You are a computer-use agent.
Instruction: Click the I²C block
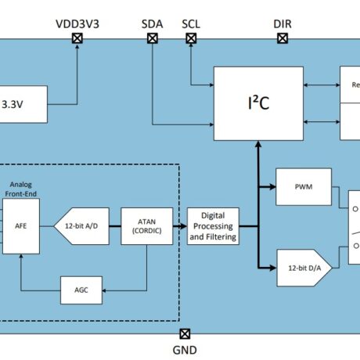coord(258,103)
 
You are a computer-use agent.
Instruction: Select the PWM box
coord(303,188)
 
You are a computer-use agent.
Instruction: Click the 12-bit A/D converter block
coord(80,226)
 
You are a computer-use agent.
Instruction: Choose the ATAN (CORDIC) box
coord(146,226)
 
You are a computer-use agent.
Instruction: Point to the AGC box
coord(81,289)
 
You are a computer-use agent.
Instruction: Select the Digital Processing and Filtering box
coord(213,226)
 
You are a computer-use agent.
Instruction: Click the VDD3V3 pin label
coord(77,23)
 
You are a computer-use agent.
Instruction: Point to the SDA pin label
coord(152,23)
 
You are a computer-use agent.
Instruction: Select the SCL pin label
coord(191,23)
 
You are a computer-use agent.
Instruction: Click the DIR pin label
coord(283,23)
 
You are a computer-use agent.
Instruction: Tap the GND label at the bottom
coord(185,351)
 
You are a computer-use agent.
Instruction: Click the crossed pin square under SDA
coord(152,38)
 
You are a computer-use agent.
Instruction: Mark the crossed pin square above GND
coord(185,333)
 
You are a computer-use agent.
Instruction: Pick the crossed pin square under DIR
coord(283,38)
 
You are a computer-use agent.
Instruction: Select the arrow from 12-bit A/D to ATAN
coord(111,226)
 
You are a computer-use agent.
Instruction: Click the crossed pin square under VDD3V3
coord(77,38)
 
